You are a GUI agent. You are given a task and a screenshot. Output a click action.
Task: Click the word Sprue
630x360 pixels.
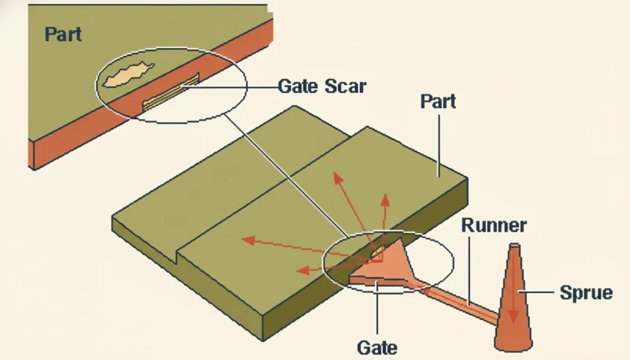click(586, 293)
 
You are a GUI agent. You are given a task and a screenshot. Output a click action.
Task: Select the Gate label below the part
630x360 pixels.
click(377, 346)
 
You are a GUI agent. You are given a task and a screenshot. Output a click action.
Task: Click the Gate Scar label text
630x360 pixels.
click(322, 86)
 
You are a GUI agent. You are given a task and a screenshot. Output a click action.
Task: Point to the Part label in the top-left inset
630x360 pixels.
click(64, 34)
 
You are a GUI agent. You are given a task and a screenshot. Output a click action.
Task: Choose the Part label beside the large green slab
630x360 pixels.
click(439, 102)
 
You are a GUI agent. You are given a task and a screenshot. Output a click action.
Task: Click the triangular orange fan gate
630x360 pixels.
click(387, 265)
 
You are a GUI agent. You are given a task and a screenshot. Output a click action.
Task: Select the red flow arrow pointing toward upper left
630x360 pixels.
click(354, 209)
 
